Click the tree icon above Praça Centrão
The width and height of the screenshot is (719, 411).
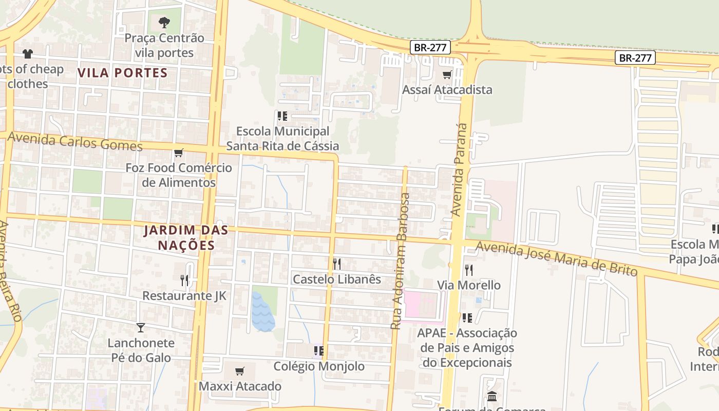[164, 22]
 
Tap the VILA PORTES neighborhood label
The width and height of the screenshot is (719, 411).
[123, 72]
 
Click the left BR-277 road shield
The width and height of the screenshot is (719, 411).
[430, 48]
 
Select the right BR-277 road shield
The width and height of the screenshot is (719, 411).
[635, 58]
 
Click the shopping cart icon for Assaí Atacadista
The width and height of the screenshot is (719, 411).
[447, 75]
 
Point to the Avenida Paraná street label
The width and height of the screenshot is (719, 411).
[460, 170]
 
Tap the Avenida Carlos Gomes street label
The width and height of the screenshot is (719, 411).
[75, 141]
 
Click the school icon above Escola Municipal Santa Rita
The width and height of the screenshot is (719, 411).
[282, 116]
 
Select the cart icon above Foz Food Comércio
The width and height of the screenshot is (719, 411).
[179, 153]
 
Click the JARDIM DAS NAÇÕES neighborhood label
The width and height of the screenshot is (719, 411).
[185, 237]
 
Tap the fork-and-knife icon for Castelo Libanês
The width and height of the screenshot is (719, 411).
[337, 264]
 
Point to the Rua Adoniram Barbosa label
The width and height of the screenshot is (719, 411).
[401, 261]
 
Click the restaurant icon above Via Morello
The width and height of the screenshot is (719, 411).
[468, 270]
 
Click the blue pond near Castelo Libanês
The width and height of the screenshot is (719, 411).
[262, 311]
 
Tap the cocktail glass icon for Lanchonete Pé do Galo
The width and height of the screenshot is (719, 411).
[141, 327]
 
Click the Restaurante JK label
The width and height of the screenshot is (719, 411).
[184, 296]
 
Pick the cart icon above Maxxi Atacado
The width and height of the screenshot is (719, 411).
[239, 371]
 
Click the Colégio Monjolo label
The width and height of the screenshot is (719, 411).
[319, 366]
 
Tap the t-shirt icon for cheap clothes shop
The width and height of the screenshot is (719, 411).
[28, 54]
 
